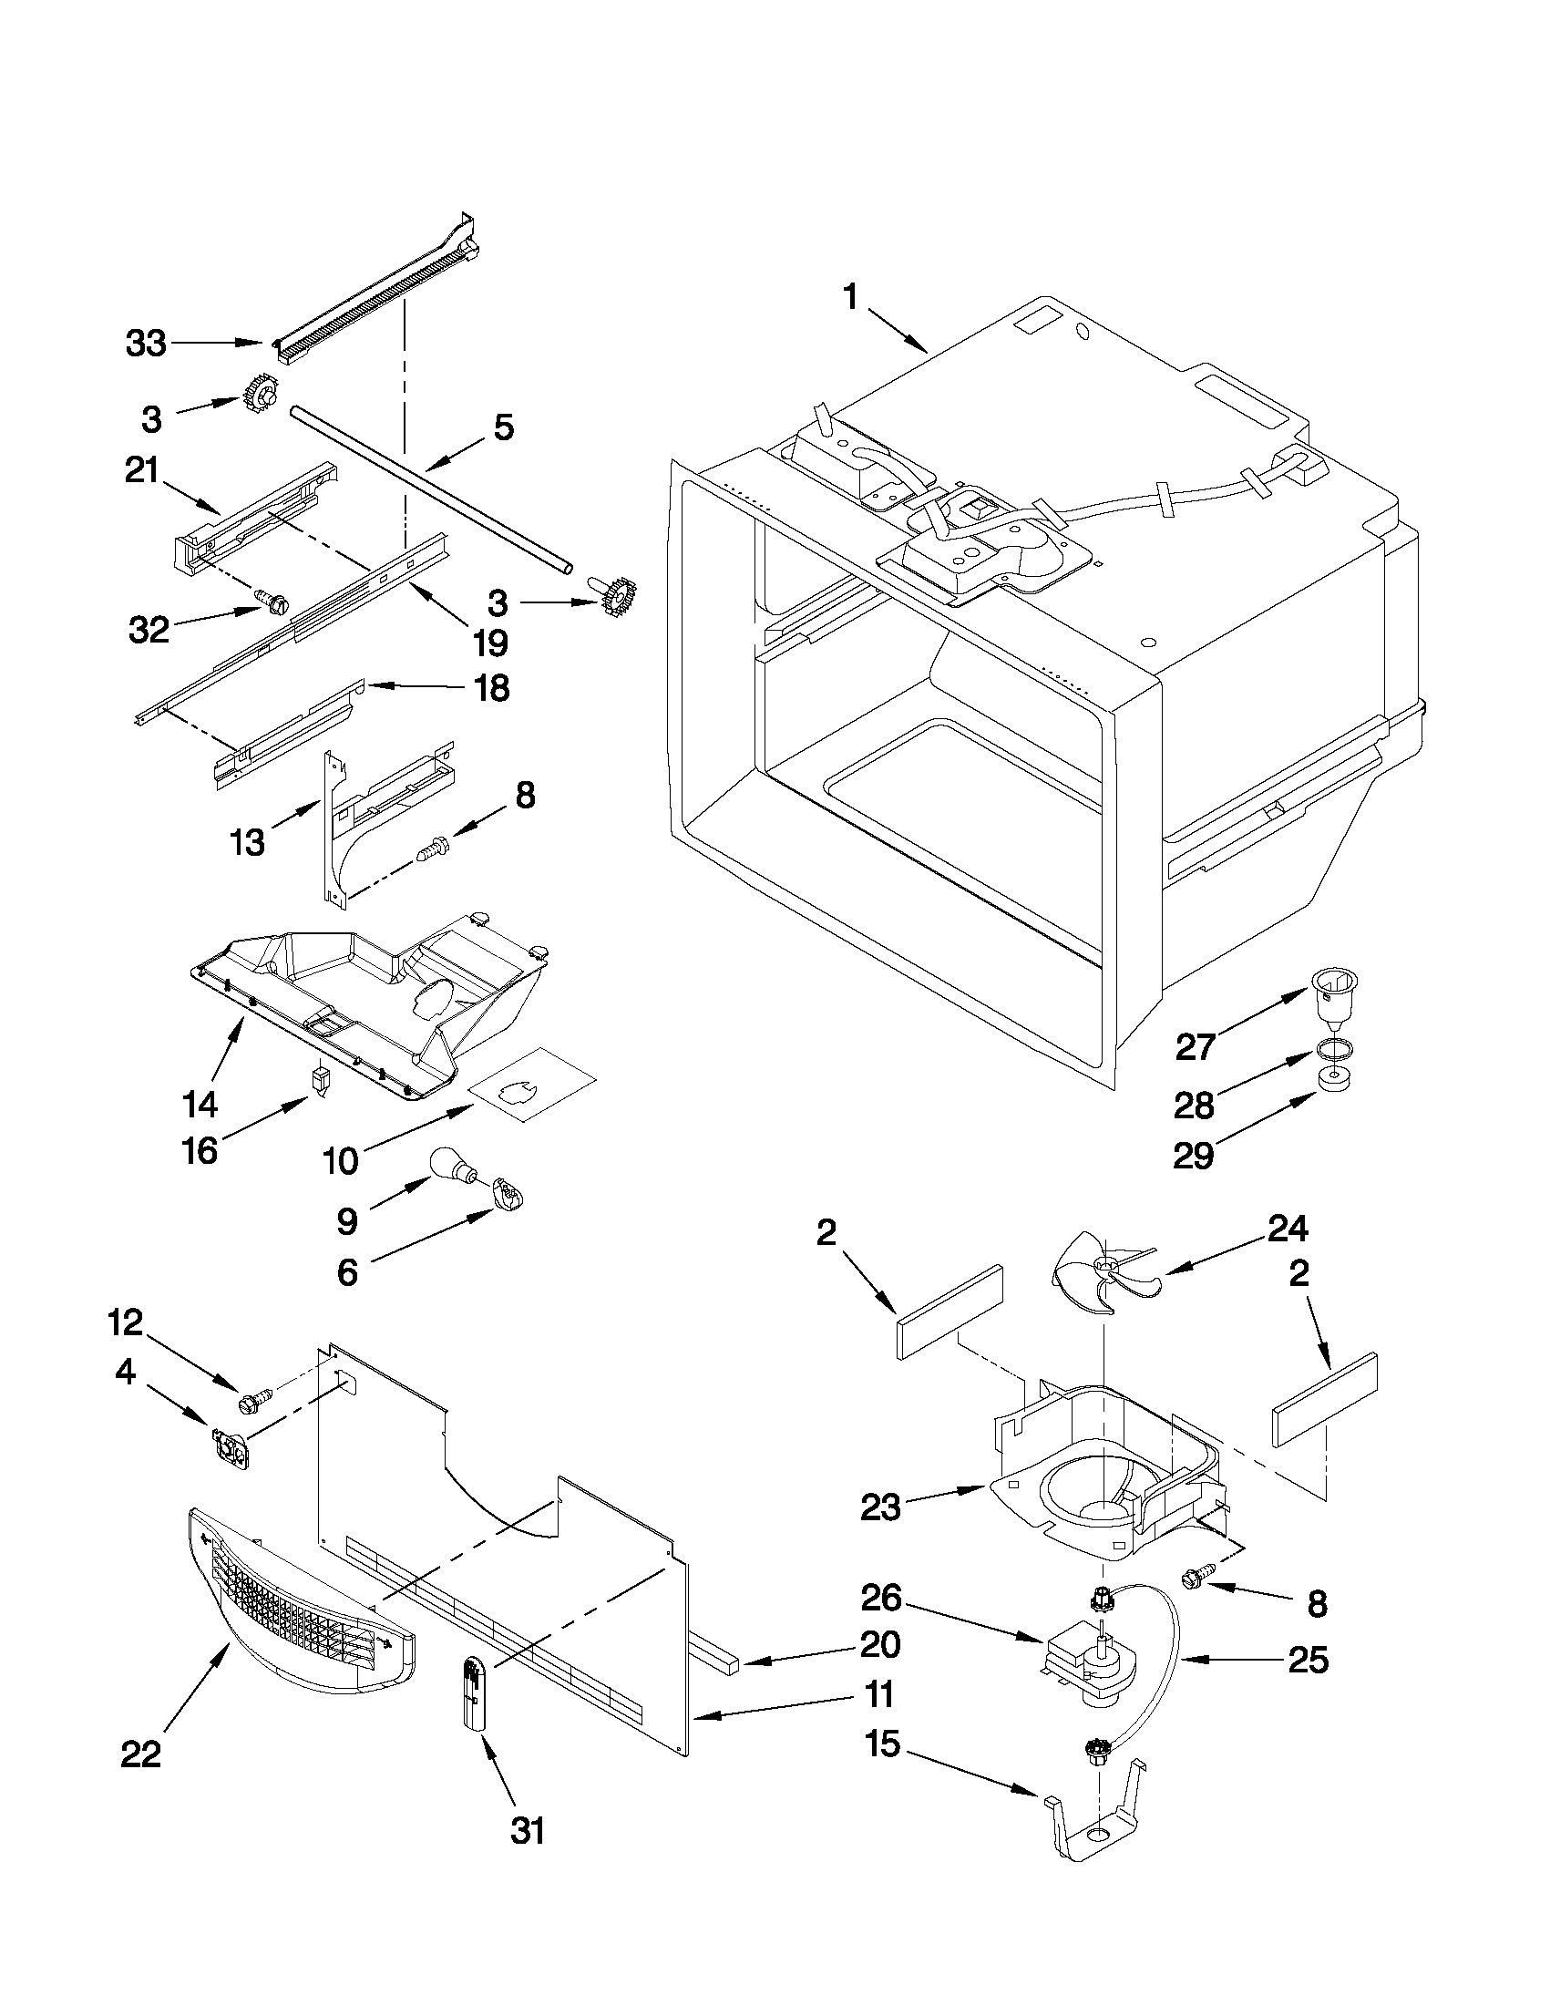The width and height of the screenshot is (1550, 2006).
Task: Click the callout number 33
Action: pyautogui.click(x=146, y=344)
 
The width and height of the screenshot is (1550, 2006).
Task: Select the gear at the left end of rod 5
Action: pyautogui.click(x=262, y=397)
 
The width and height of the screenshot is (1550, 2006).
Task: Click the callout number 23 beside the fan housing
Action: pyautogui.click(x=879, y=1507)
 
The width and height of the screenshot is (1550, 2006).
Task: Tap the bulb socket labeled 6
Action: pyautogui.click(x=506, y=1195)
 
